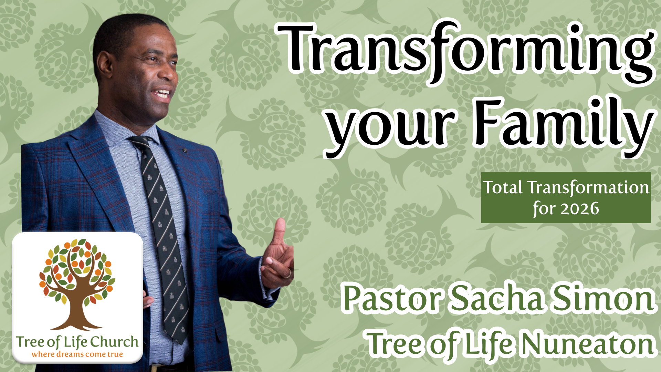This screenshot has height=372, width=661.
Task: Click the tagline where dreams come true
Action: pyautogui.click(x=77, y=354)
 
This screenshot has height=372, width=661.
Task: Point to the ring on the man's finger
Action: pyautogui.click(x=288, y=274)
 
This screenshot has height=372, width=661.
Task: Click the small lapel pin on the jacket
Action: pyautogui.click(x=185, y=151)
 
